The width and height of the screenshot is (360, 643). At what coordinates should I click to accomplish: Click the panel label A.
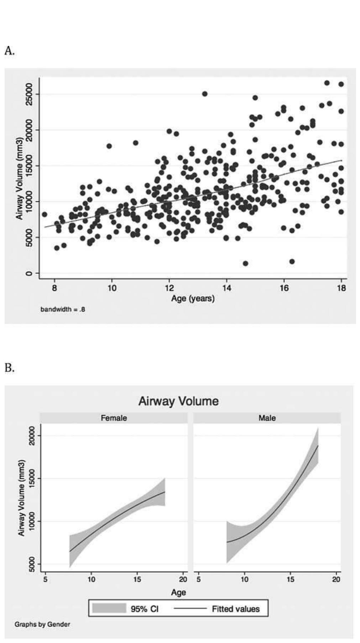point(9,51)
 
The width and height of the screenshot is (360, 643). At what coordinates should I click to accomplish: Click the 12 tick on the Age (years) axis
point(169,288)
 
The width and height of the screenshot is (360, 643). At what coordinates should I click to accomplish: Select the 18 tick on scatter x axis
point(341,288)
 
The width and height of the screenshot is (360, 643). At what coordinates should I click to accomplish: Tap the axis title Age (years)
point(193,298)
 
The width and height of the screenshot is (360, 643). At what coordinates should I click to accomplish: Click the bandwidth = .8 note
point(63,309)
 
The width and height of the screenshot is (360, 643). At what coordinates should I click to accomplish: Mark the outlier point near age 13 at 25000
point(205,94)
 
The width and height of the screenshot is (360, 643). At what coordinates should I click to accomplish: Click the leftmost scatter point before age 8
point(45,214)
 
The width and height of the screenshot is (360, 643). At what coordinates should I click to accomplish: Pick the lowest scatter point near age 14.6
point(245,263)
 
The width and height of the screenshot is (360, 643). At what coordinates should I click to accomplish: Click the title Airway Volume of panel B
point(178,401)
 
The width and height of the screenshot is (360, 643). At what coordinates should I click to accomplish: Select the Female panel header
point(114,418)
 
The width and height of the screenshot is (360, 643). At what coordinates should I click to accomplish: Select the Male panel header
point(267,418)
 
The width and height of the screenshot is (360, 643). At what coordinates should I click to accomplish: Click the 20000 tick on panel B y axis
point(32,436)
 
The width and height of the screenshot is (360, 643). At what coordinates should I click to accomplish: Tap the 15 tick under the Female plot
point(137,579)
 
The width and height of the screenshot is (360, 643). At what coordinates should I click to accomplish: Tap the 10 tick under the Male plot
point(244,579)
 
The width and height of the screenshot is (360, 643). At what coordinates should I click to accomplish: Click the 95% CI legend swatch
point(109,608)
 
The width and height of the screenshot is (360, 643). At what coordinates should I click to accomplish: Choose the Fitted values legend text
point(236,609)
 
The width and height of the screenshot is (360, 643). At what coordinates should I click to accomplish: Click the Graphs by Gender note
point(42,624)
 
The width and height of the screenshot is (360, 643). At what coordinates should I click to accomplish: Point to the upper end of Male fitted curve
point(318,446)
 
